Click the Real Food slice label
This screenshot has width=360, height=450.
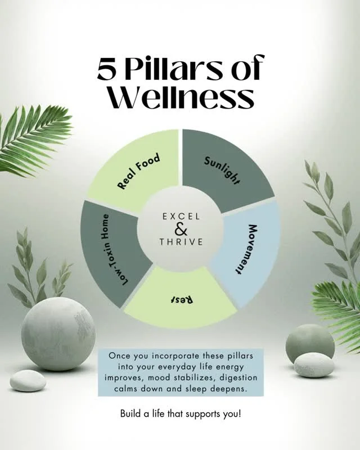[x=138, y=172]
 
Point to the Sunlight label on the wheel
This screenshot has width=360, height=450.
[x=222, y=170]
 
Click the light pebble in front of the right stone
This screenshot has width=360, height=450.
[x=313, y=364]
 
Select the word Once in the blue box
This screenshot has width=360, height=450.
[x=120, y=356]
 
